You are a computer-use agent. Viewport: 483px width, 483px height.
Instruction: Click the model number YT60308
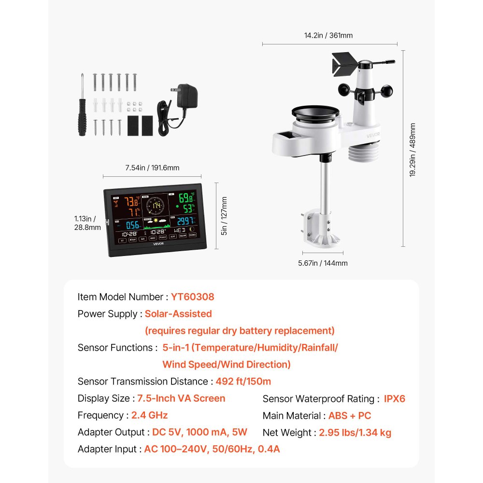192,297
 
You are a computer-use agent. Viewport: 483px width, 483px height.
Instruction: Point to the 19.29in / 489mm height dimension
412,150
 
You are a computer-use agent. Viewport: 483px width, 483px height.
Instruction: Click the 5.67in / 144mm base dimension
323,263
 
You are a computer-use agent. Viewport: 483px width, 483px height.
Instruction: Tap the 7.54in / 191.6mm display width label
152,168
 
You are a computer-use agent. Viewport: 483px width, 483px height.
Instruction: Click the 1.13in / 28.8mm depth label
88,222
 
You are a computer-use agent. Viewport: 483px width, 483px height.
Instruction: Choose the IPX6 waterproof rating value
394,398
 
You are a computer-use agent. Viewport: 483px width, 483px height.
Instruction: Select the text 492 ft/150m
243,381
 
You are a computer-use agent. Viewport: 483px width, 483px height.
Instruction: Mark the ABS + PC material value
350,415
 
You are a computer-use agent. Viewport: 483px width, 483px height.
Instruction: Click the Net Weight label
288,432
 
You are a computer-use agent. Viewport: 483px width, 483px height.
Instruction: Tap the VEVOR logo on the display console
159,244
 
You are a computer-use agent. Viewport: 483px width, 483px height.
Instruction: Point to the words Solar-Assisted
178,313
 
